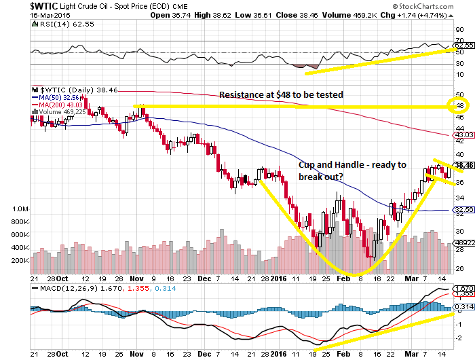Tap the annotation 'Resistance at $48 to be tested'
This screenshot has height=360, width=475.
[281, 94]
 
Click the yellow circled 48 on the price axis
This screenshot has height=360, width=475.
[460, 106]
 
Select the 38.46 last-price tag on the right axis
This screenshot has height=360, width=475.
[464, 165]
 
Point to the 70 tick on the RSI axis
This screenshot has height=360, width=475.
[460, 41]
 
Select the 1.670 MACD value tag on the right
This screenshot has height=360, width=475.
[464, 289]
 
